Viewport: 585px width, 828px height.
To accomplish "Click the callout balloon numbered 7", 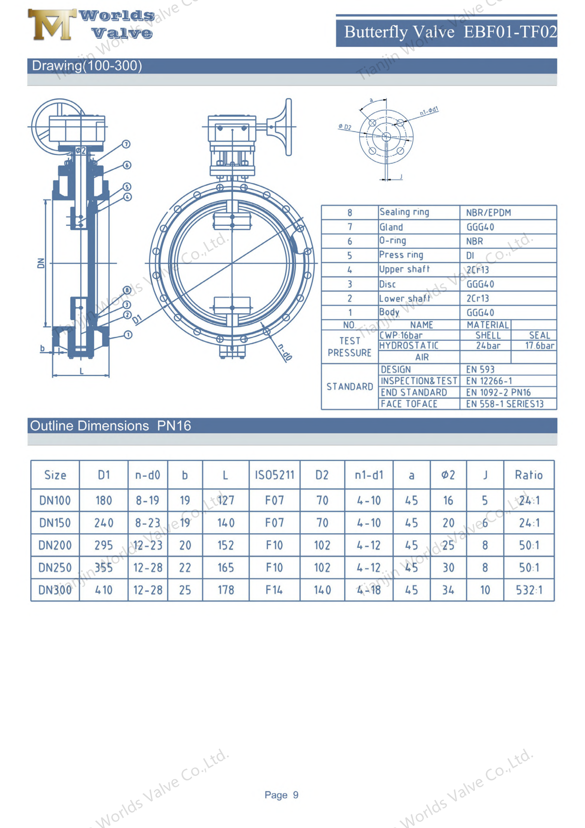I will click(126, 144).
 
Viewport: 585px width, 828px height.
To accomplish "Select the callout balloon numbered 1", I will click(128, 335).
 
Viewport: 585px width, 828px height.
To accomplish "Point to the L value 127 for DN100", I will click(226, 500).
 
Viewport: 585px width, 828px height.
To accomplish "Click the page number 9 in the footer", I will click(296, 795).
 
